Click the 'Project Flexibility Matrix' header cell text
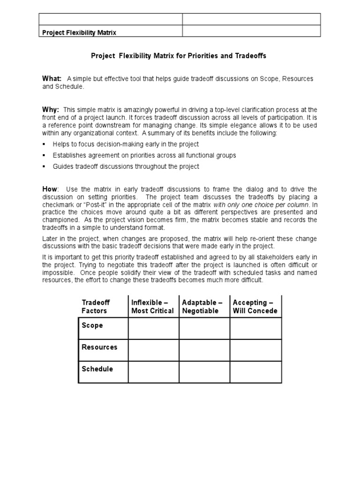pos(79,32)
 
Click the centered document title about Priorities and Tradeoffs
pos(178,56)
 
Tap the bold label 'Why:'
pos(51,109)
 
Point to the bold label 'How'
pos(50,188)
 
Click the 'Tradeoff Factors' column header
pos(96,307)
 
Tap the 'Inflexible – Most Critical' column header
pos(152,307)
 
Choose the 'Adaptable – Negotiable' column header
pos(203,307)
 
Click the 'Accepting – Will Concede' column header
pos(255,307)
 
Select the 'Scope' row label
pos(92,325)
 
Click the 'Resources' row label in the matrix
pos(99,347)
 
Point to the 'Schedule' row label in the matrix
pos(97,369)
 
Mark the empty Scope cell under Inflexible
pos(153,328)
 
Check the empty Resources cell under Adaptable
pos(204,350)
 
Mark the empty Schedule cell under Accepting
pos(255,372)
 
